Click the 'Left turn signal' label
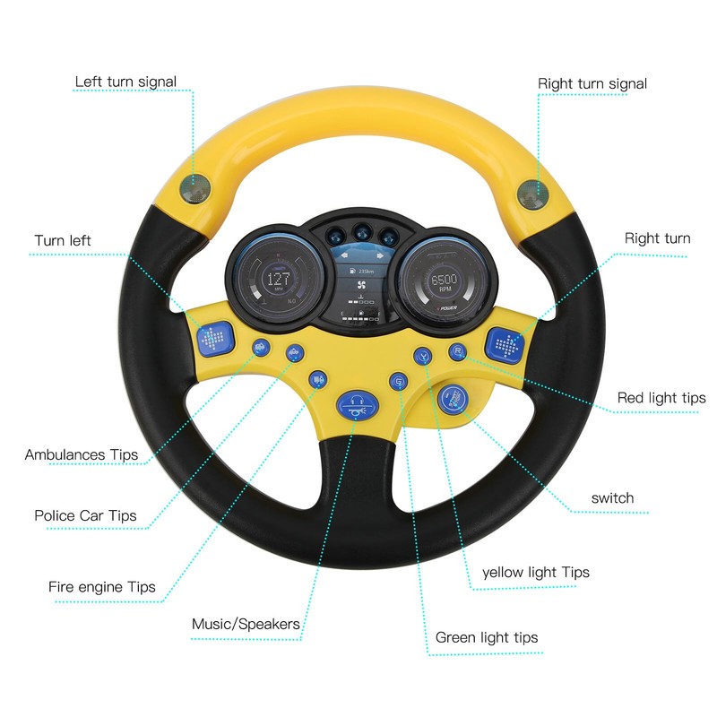(125, 82)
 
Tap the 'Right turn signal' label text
(592, 84)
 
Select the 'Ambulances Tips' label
(82, 454)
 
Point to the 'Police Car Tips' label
(85, 515)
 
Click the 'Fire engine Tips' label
(102, 588)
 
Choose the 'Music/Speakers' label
(246, 624)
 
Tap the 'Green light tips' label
(487, 637)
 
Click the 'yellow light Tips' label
(536, 572)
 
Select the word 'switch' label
(612, 497)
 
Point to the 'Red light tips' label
(661, 398)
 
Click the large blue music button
(356, 406)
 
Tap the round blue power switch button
(454, 398)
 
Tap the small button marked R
(458, 350)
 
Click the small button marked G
(398, 383)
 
